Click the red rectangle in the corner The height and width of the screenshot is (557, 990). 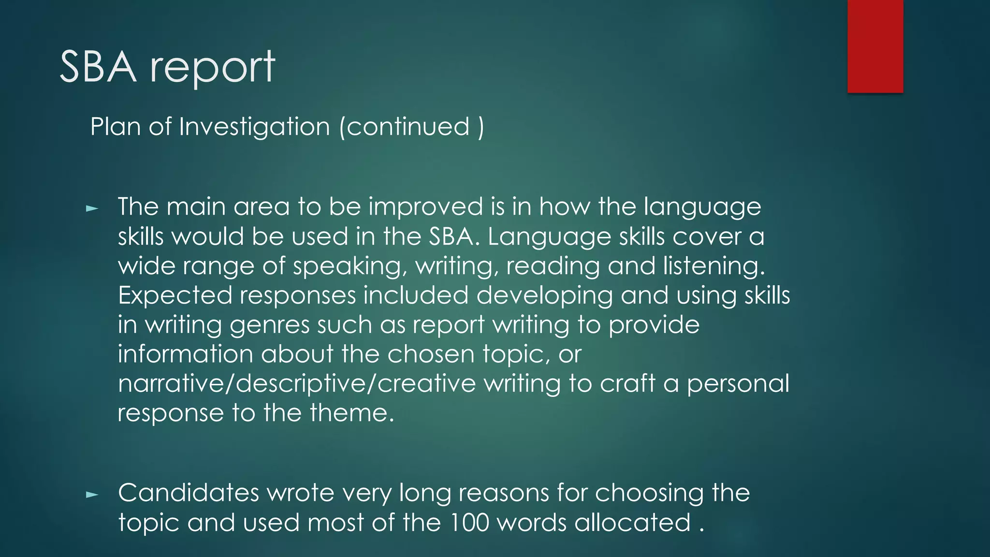[875, 46]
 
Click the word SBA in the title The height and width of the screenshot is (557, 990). [98, 67]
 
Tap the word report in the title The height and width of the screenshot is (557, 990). [213, 68]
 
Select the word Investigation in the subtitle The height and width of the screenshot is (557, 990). [254, 127]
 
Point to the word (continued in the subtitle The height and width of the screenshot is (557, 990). [405, 127]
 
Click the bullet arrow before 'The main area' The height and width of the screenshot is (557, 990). [92, 209]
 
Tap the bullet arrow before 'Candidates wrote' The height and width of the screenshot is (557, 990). [92, 495]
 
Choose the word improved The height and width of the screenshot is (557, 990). [426, 206]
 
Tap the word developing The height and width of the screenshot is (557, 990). [545, 295]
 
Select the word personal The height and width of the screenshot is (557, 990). [738, 383]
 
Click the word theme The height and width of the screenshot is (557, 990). [351, 413]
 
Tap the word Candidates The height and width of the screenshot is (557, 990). [189, 493]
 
